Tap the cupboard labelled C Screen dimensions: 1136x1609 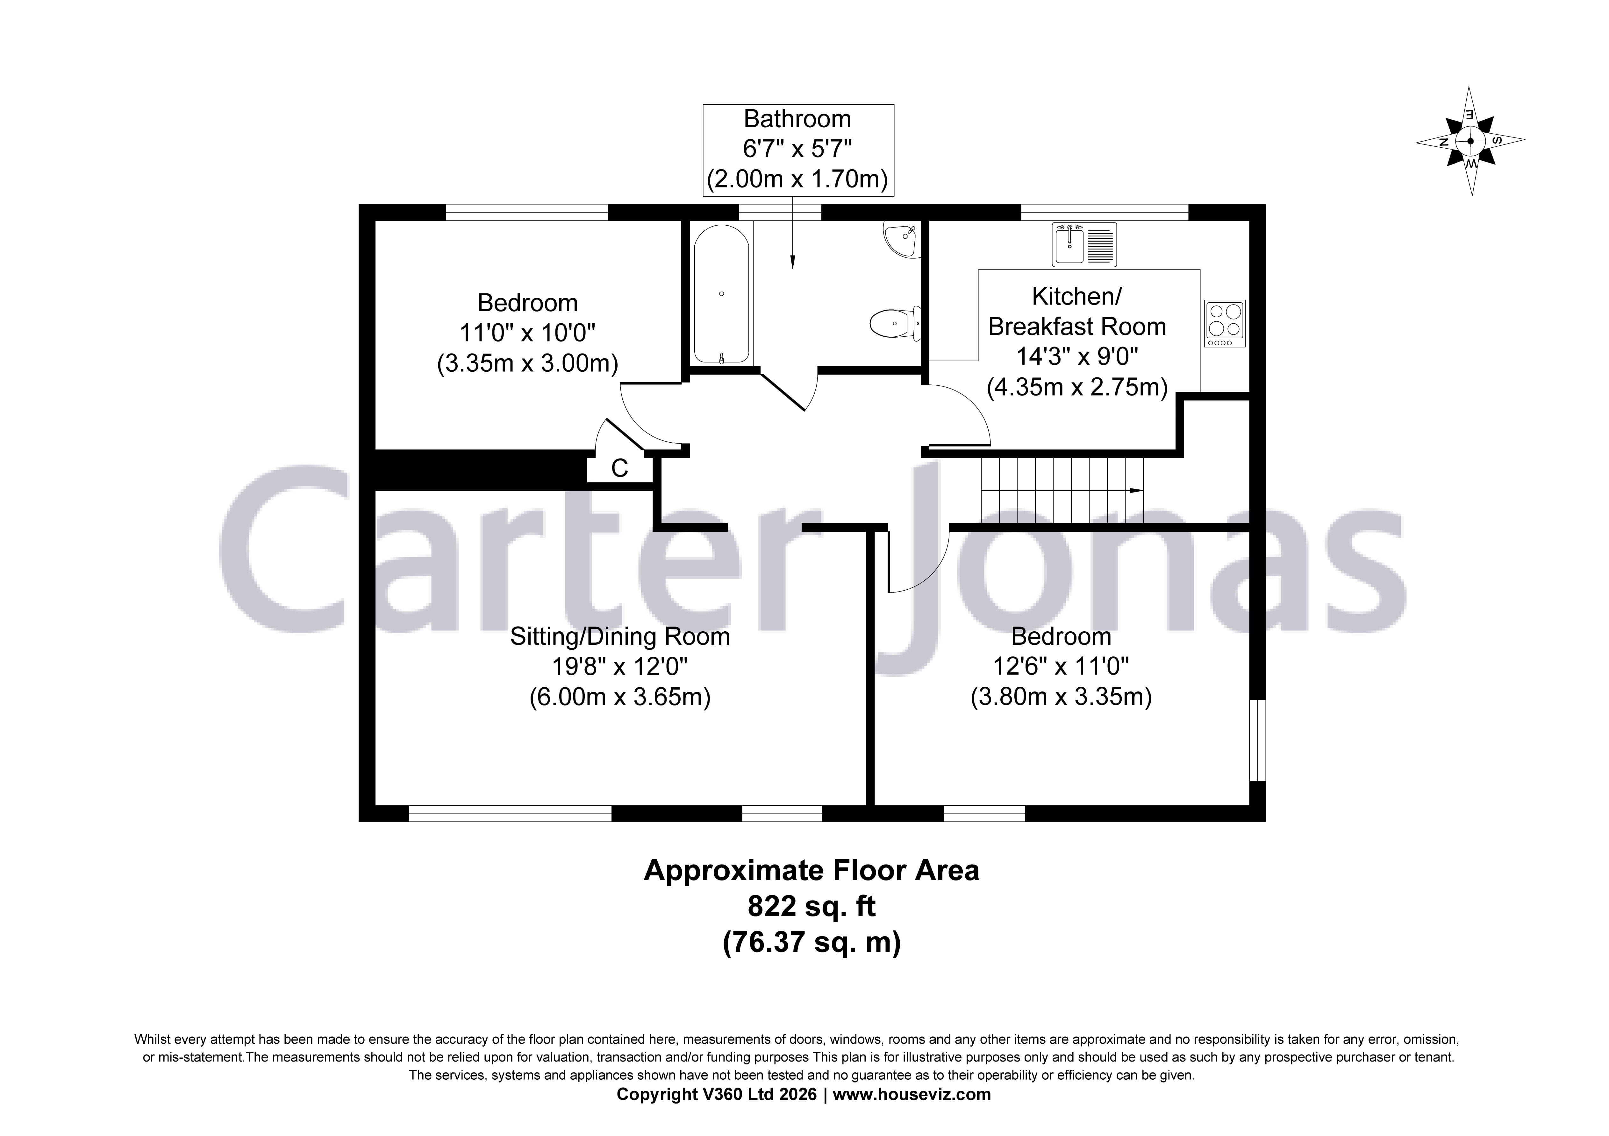coord(619,468)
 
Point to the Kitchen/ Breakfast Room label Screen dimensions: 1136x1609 coord(1077,312)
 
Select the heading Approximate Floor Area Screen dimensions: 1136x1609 coord(812,871)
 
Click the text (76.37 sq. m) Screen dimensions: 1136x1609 coord(812,943)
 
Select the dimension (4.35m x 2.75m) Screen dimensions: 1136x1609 coord(1077,387)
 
